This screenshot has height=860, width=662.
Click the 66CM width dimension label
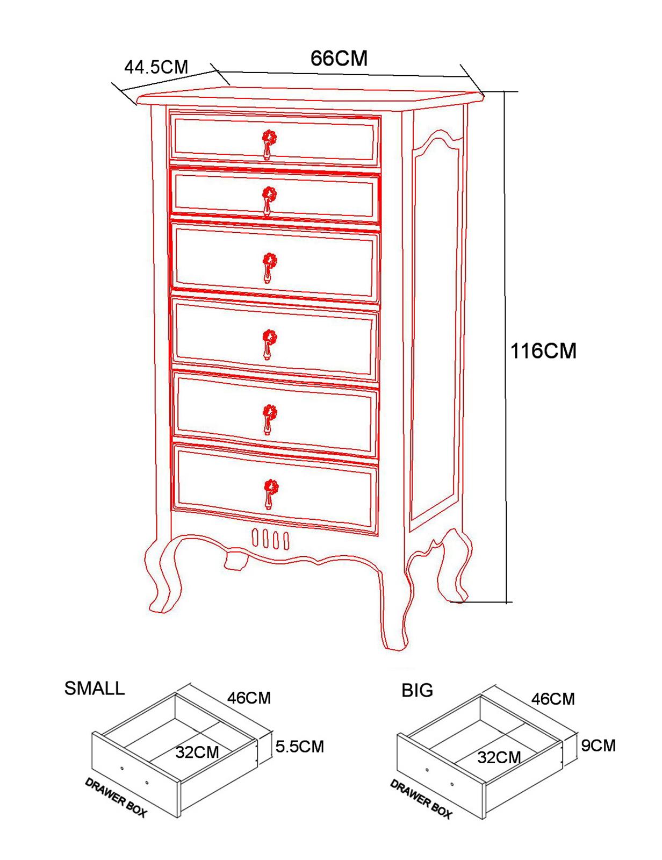pos(339,58)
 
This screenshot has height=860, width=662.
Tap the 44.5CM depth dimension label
pos(156,67)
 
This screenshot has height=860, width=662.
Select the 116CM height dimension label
pos(543,350)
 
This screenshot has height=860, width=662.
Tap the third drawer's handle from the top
pos(270,268)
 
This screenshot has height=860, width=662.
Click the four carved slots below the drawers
pos(270,539)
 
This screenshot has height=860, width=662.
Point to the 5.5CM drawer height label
pos(299,747)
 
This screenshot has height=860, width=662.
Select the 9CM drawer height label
pos(599,746)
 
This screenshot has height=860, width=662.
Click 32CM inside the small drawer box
pos(197,752)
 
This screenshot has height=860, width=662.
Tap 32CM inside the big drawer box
pos(499,757)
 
